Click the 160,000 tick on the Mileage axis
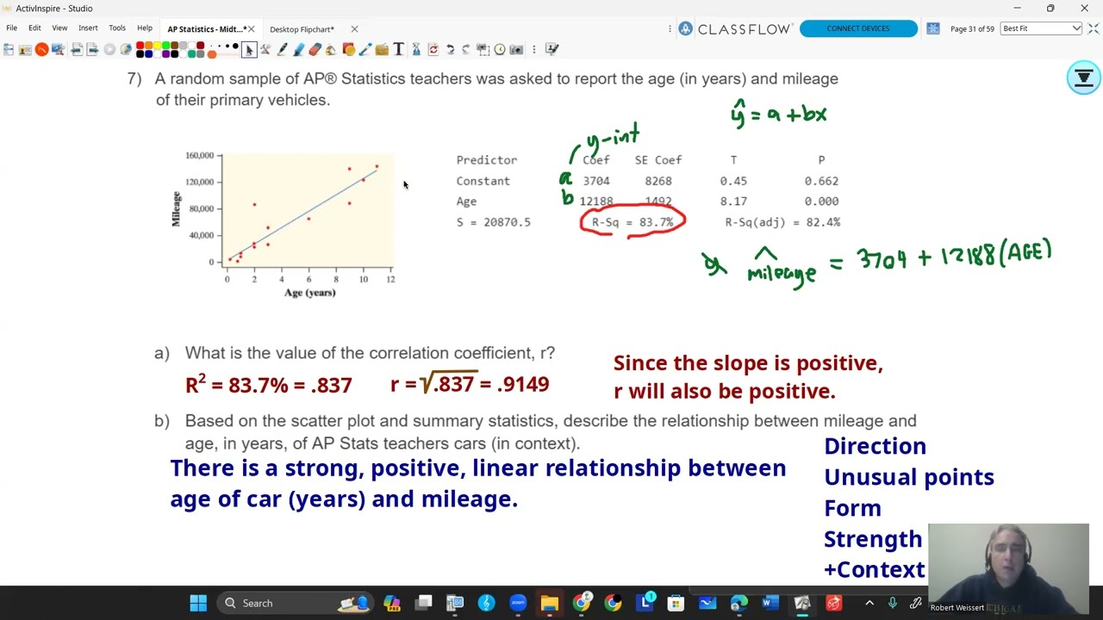point(199,156)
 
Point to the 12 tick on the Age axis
point(390,279)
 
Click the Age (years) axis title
point(310,293)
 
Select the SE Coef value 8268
point(658,181)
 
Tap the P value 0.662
point(821,181)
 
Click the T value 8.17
point(733,201)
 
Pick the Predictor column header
point(487,160)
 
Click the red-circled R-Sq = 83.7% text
point(633,222)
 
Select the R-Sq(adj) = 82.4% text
point(782,222)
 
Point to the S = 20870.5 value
point(494,222)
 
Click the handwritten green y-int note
point(613,136)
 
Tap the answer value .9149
point(523,384)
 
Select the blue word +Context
point(874,570)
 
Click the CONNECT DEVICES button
point(857,28)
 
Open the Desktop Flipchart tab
point(302,29)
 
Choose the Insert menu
point(88,28)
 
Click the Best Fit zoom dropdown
point(1041,28)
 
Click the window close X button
point(1084,9)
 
